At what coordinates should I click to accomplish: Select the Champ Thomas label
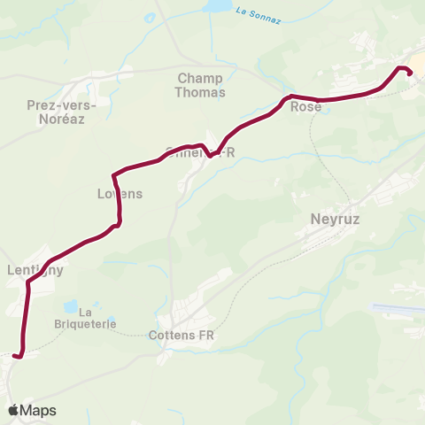(201, 84)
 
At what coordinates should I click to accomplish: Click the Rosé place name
(305, 106)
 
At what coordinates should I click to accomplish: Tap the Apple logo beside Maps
(13, 410)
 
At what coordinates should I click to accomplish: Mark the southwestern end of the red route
(15, 356)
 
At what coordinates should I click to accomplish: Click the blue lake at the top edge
(215, 5)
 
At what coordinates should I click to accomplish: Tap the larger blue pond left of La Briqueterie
(69, 307)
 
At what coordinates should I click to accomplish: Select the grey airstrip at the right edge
(398, 309)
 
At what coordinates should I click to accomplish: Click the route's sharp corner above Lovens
(114, 174)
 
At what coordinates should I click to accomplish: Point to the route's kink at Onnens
(210, 154)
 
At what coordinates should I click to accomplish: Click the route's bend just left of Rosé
(287, 97)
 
